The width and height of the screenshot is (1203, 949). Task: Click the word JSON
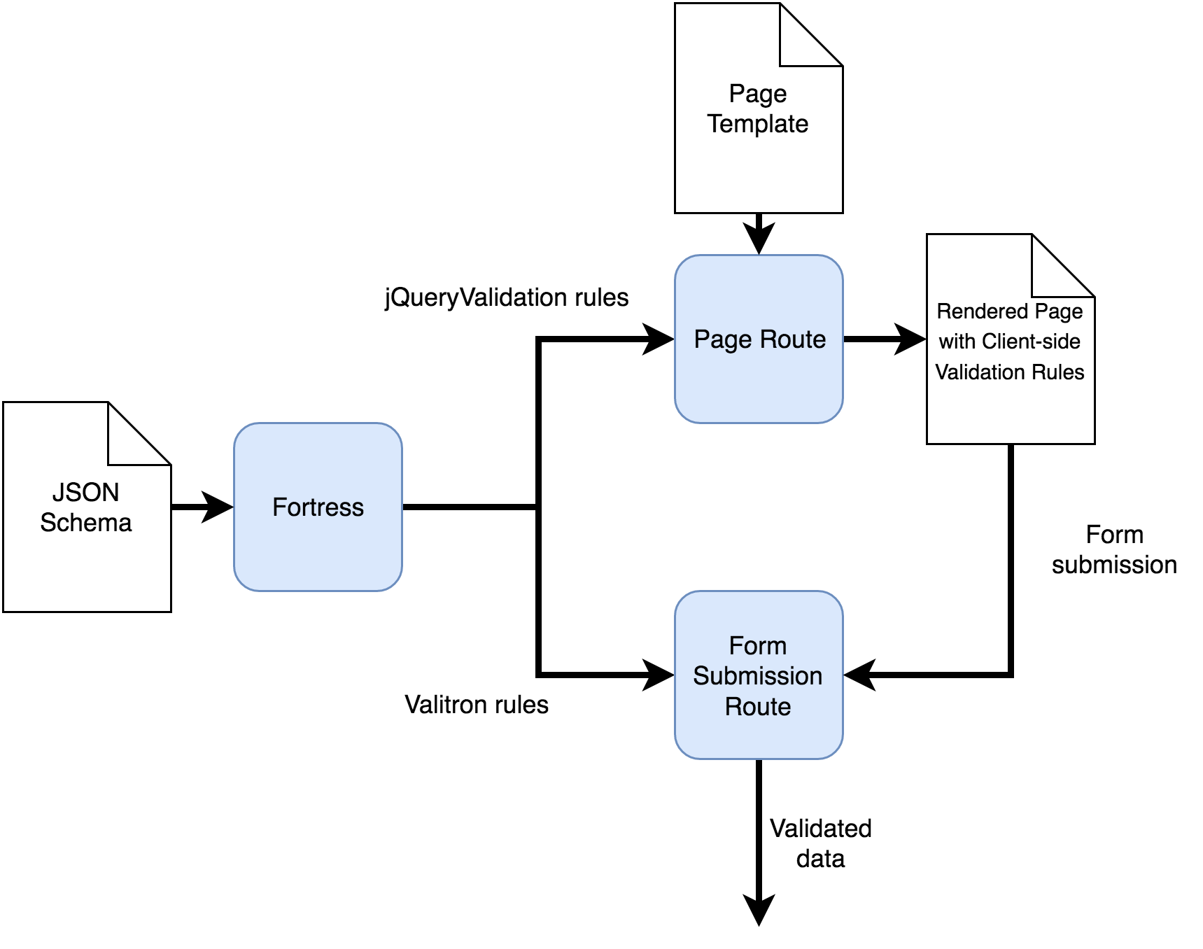coord(85,493)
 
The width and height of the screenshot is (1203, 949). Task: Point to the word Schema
coord(85,523)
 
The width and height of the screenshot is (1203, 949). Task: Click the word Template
coord(758,124)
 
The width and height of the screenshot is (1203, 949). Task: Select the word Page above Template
coord(758,94)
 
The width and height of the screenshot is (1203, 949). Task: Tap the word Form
coord(758,645)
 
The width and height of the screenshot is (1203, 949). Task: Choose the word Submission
coord(758,676)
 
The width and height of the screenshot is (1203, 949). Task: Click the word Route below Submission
coord(758,706)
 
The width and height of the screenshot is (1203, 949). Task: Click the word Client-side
coord(1031,342)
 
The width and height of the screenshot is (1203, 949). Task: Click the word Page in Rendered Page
coord(1058,311)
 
